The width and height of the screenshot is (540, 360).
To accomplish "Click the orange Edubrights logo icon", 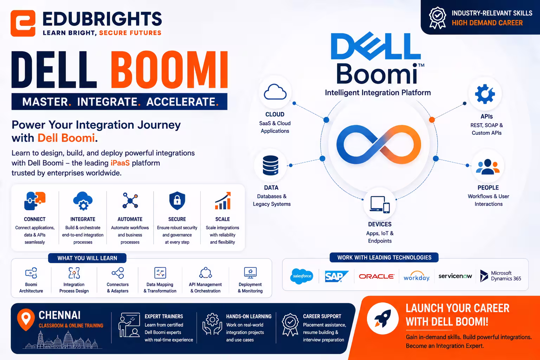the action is click(x=23, y=23).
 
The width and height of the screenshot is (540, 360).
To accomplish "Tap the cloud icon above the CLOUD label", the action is click(x=275, y=92).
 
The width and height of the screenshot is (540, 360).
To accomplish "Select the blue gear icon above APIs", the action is click(x=485, y=94).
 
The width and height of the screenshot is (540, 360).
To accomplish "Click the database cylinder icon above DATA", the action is click(x=270, y=166).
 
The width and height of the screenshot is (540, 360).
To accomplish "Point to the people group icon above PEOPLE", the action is click(x=488, y=167).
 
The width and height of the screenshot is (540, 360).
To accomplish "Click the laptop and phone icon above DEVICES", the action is click(x=380, y=205).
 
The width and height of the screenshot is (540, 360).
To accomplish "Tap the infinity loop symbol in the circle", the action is click(x=379, y=144).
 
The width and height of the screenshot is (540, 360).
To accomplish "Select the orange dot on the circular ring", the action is click(x=432, y=120).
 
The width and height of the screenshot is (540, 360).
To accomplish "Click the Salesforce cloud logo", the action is click(x=302, y=276).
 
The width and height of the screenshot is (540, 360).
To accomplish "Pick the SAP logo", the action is click(x=336, y=276).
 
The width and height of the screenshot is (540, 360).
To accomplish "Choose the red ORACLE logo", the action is click(x=377, y=276).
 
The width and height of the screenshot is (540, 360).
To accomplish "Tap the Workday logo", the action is click(x=417, y=276).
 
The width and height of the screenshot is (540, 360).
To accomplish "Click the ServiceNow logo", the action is click(x=455, y=276).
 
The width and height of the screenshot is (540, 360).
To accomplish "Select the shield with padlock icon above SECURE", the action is click(x=177, y=201).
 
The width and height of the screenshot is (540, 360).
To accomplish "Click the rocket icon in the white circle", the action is click(x=382, y=318).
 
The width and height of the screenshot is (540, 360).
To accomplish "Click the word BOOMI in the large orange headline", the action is click(x=169, y=70).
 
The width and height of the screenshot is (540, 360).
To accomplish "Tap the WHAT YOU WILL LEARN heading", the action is click(x=87, y=258).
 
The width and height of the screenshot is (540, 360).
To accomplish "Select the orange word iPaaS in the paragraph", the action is click(x=120, y=163).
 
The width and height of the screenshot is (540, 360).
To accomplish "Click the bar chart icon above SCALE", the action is click(x=223, y=201).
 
